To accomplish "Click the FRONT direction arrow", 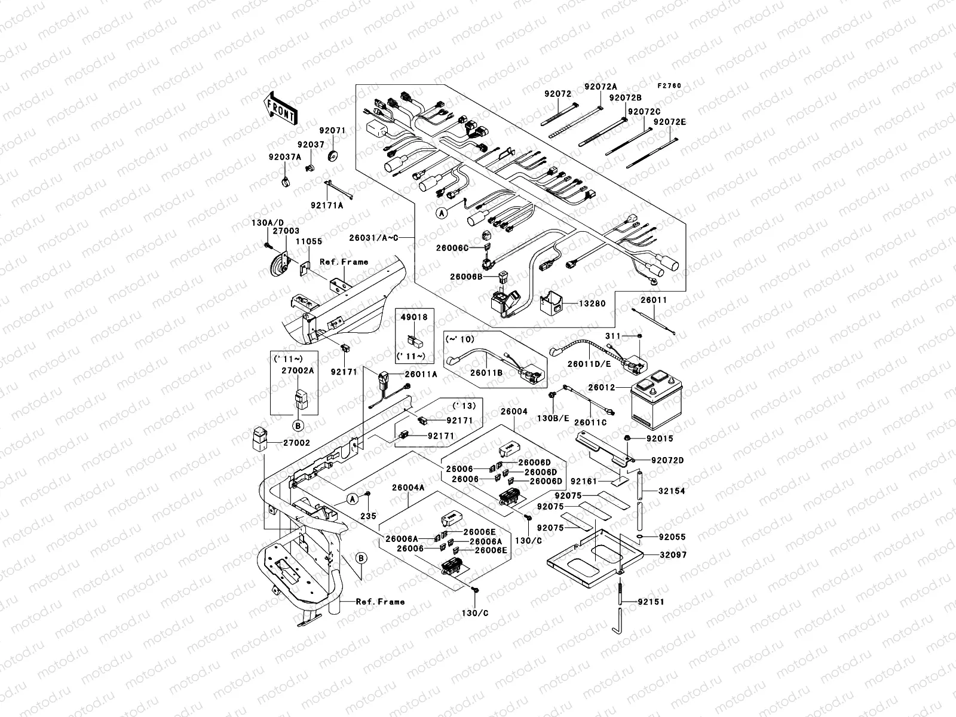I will (x=280, y=108).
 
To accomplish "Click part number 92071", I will (x=332, y=130).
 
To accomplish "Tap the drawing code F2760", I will (x=670, y=86).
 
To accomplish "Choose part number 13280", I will (x=592, y=304).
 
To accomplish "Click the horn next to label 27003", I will (x=279, y=263).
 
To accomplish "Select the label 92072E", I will (x=669, y=122).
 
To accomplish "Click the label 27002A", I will (x=293, y=370).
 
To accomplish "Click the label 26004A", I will (x=408, y=488).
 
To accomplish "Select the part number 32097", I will (x=673, y=555).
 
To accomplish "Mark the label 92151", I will (x=650, y=602).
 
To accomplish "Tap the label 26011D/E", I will (x=589, y=363).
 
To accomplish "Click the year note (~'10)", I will (x=460, y=339).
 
